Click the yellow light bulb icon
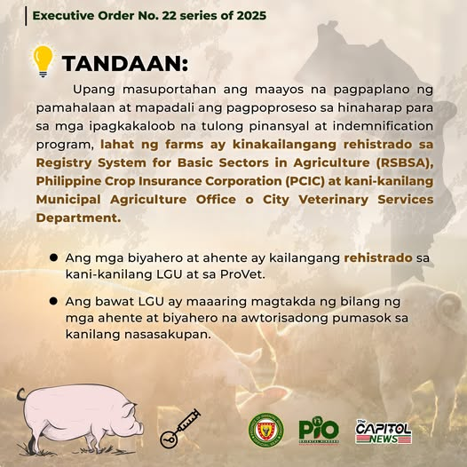(x=44, y=61)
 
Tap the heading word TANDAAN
(x=125, y=63)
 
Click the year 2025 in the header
(x=251, y=15)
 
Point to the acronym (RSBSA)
(x=404, y=162)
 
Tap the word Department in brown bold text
(x=78, y=218)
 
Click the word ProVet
(x=242, y=274)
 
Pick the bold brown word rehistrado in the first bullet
(x=378, y=257)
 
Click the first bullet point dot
(x=53, y=257)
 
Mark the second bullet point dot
(x=53, y=301)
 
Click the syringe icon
(x=179, y=429)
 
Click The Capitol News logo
(x=384, y=431)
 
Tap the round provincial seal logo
(x=266, y=430)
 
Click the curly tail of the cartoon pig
(x=21, y=394)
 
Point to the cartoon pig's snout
(x=139, y=427)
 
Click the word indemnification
(x=383, y=126)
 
